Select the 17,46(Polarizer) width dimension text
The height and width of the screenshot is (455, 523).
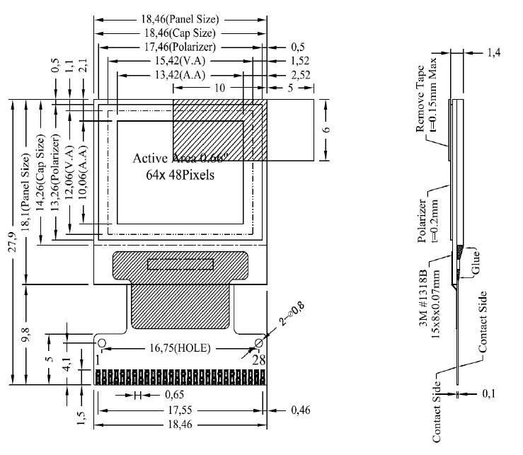pos(181,47)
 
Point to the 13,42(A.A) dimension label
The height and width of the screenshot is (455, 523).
pos(181,74)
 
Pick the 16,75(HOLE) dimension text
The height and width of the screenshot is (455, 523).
pos(180,348)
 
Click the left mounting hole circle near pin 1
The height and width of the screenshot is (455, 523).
pos(102,344)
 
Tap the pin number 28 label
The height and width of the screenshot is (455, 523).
pos(260,360)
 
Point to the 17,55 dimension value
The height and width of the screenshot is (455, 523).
pos(180,410)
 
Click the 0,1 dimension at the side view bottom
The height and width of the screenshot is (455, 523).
pos(488,395)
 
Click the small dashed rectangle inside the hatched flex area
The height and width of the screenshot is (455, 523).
pos(180,263)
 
